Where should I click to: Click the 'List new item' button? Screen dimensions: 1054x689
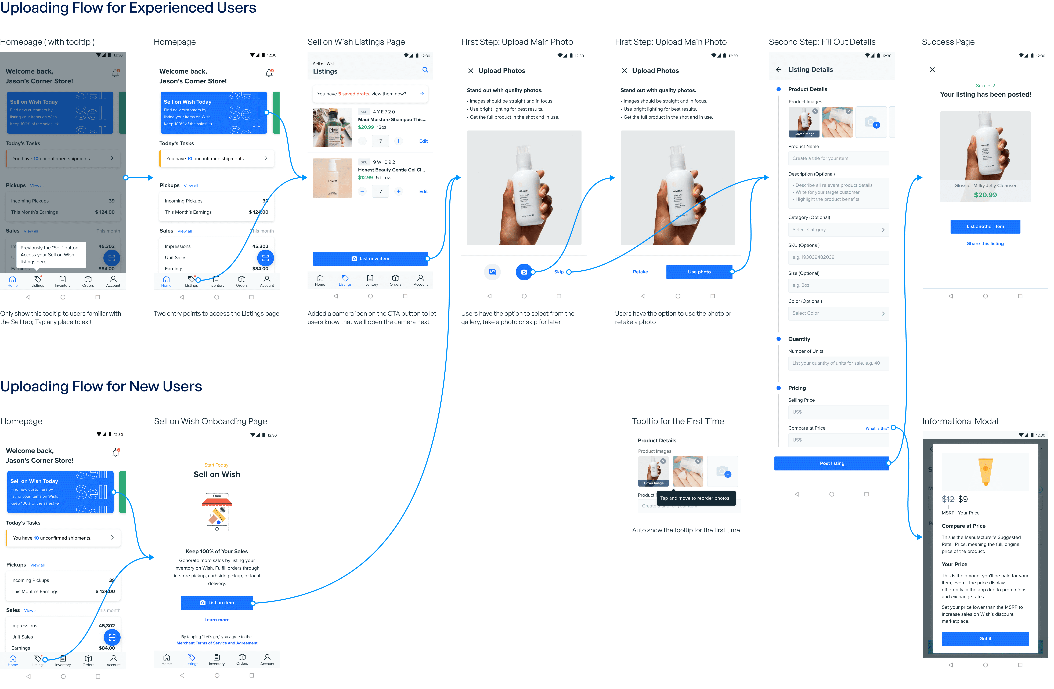pos(370,259)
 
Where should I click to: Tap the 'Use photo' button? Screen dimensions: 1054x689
pos(699,272)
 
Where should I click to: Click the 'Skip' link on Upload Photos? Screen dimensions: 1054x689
pos(558,272)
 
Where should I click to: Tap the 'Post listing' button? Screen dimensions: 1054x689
pos(831,463)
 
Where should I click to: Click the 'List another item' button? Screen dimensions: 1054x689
pos(985,226)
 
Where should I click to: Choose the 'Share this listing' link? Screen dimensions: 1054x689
pos(985,244)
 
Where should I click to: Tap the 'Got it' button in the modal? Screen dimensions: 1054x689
pos(985,639)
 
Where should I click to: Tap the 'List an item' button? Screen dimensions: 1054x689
pos(216,603)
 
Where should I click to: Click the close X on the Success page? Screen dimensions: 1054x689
pos(932,70)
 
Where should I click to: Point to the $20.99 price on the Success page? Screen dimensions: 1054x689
pos(985,195)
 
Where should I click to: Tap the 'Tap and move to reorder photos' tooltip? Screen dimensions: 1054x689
pos(694,498)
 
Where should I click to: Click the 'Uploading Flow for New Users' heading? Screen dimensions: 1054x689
pos(101,387)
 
